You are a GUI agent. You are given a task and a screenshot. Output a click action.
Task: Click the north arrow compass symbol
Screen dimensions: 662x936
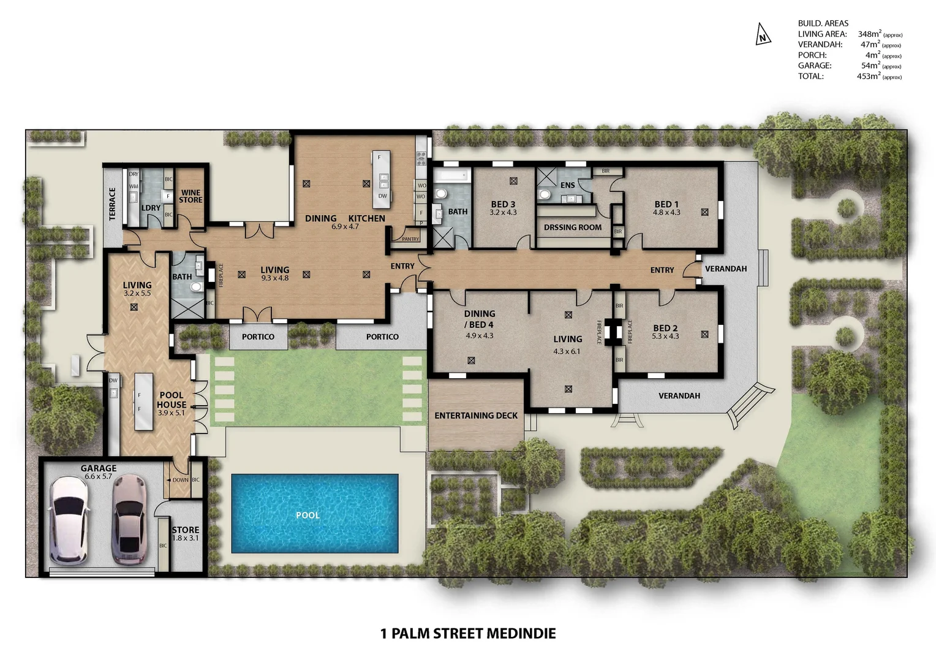tap(762, 34)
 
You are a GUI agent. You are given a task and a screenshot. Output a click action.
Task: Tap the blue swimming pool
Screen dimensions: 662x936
tap(314, 513)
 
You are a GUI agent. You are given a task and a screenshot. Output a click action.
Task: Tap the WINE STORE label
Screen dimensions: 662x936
tap(191, 196)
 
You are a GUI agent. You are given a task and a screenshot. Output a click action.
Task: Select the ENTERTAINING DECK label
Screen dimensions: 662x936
tap(476, 416)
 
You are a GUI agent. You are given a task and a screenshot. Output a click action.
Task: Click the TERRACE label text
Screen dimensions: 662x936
tap(112, 204)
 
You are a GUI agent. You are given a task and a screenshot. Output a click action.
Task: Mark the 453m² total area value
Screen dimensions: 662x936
tap(869, 77)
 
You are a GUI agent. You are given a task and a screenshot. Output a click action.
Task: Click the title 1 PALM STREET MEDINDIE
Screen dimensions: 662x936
tap(468, 633)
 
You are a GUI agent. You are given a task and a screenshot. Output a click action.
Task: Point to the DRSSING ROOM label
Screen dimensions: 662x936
tap(572, 227)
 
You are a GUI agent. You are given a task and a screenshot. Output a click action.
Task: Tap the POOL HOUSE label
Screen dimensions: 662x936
tap(172, 400)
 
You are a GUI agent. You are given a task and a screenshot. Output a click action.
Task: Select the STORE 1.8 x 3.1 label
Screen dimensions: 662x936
tap(185, 533)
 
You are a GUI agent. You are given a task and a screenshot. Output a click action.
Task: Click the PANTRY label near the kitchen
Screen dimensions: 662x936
tap(410, 239)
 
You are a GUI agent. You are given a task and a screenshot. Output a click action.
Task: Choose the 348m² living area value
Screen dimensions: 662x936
tap(870, 34)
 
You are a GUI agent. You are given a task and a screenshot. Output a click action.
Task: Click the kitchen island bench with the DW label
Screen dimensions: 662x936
tap(381, 180)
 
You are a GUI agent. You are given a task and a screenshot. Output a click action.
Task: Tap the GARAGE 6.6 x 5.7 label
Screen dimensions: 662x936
tap(98, 471)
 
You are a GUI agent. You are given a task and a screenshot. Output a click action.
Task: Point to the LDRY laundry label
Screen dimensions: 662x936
tap(151, 208)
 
